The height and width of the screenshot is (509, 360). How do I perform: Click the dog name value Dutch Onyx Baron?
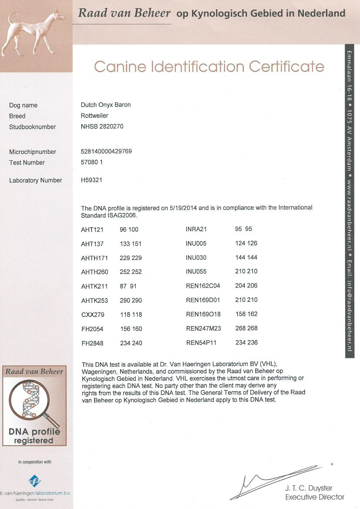106,105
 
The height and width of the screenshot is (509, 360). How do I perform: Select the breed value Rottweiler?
94,116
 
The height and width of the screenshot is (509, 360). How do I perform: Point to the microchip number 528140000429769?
106,152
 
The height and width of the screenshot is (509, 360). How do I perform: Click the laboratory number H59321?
91,180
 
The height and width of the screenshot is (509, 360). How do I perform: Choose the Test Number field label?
27,162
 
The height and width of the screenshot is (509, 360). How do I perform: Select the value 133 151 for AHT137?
131,244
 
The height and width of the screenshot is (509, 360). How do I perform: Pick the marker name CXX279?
92,314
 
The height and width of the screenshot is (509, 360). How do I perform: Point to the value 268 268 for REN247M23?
246,328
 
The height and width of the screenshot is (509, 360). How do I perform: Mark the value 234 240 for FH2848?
131,343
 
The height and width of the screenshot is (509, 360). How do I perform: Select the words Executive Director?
315,497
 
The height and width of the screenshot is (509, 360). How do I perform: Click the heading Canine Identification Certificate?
209,67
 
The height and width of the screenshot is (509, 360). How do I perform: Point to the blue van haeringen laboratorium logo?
35,480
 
